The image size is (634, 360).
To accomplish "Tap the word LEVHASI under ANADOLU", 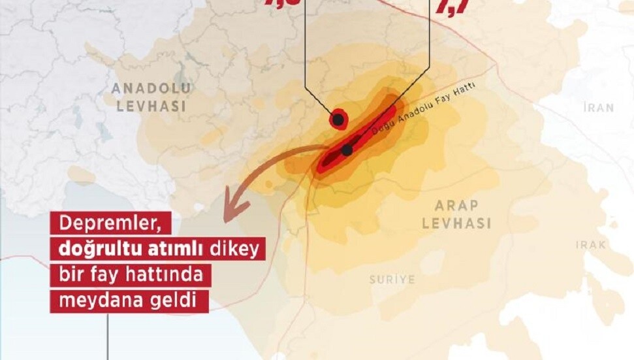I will click(x=150, y=106).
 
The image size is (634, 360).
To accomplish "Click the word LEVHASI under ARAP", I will click(x=456, y=223).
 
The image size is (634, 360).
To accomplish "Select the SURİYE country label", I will click(x=392, y=280).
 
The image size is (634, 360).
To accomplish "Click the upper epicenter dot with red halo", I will click(x=338, y=120).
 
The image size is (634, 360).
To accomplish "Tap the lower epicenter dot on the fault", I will click(x=347, y=150).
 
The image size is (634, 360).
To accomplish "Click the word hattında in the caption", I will click(x=171, y=275).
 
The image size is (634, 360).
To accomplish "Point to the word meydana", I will click(x=91, y=301).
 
